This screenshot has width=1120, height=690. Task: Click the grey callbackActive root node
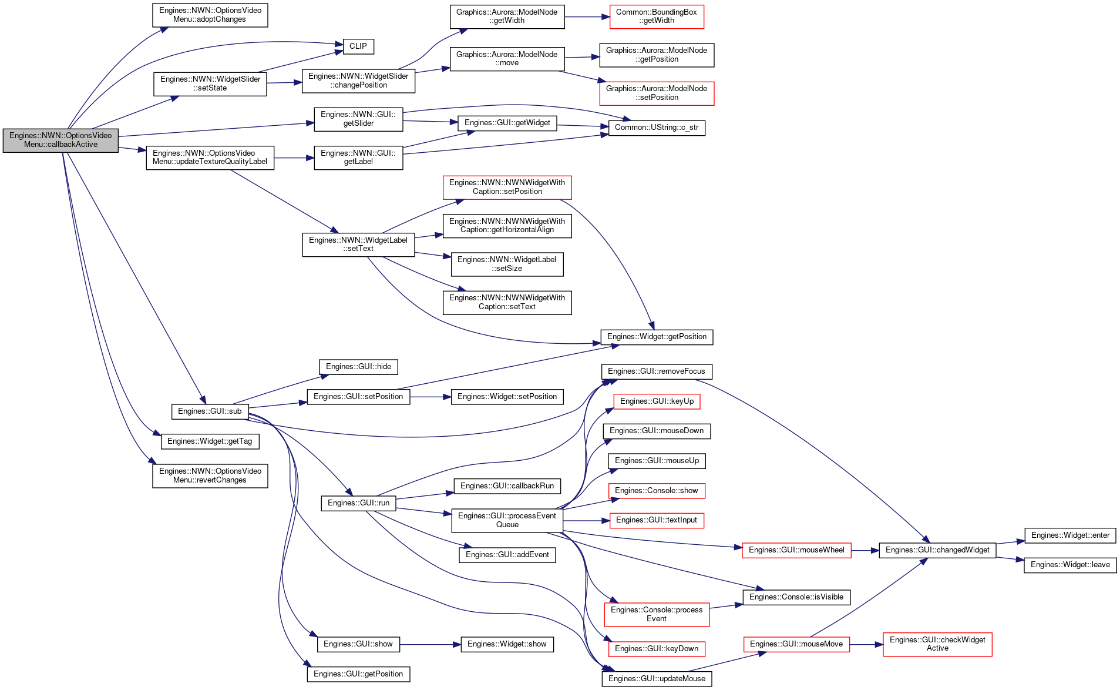pos(60,140)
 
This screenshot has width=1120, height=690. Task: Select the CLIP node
pos(358,46)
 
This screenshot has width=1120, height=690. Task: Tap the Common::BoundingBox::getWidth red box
pos(657,16)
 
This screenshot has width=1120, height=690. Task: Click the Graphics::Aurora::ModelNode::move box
pos(507,59)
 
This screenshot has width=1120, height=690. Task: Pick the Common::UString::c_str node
pos(657,128)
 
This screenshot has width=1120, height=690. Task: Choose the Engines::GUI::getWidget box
pos(507,123)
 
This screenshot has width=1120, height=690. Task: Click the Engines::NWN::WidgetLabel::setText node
pos(358,244)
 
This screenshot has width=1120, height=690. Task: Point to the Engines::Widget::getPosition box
pos(657,337)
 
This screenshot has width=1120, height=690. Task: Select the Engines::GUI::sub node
pos(210,411)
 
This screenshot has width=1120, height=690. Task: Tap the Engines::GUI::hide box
pos(358,367)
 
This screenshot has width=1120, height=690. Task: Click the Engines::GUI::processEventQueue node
pos(507,520)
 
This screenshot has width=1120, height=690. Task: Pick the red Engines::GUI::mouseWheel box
pos(796,550)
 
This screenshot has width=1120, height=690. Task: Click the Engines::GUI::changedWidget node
pos(937,550)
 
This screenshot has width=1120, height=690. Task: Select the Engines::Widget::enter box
pos(1070,535)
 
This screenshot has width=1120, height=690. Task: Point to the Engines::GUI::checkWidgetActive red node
pos(937,644)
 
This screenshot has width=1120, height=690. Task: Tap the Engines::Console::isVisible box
pos(796,597)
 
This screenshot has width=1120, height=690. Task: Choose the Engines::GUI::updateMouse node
pos(657,679)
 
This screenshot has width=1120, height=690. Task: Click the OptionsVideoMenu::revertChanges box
pos(210,475)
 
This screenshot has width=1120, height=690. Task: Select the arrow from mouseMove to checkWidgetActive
pos(866,645)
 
